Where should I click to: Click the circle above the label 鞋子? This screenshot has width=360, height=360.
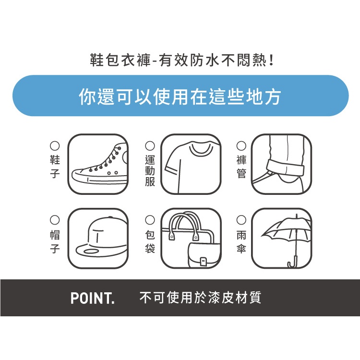55,145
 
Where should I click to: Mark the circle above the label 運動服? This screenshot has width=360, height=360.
150,145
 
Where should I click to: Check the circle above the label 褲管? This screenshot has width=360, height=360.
241,145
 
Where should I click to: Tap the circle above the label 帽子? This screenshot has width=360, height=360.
55,220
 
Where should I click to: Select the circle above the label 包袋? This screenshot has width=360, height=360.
150,220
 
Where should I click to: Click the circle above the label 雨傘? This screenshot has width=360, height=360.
241,220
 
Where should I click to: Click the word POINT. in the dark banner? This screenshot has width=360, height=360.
92,298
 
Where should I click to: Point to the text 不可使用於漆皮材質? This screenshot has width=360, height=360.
200,298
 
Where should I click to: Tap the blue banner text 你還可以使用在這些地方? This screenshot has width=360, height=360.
180,96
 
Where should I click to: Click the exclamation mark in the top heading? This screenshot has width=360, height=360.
272,60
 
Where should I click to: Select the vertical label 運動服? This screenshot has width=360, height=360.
150,170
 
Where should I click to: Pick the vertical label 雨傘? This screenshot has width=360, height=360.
241,242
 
